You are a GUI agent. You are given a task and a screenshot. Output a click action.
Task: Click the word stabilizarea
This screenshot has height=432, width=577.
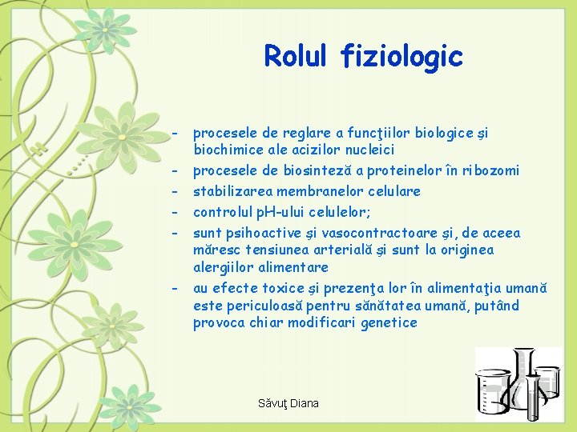(233, 191)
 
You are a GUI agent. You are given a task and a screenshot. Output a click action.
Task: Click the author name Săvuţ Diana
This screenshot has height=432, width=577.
(288, 403)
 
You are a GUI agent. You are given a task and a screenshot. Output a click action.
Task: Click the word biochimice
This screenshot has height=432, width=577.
(226, 150)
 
